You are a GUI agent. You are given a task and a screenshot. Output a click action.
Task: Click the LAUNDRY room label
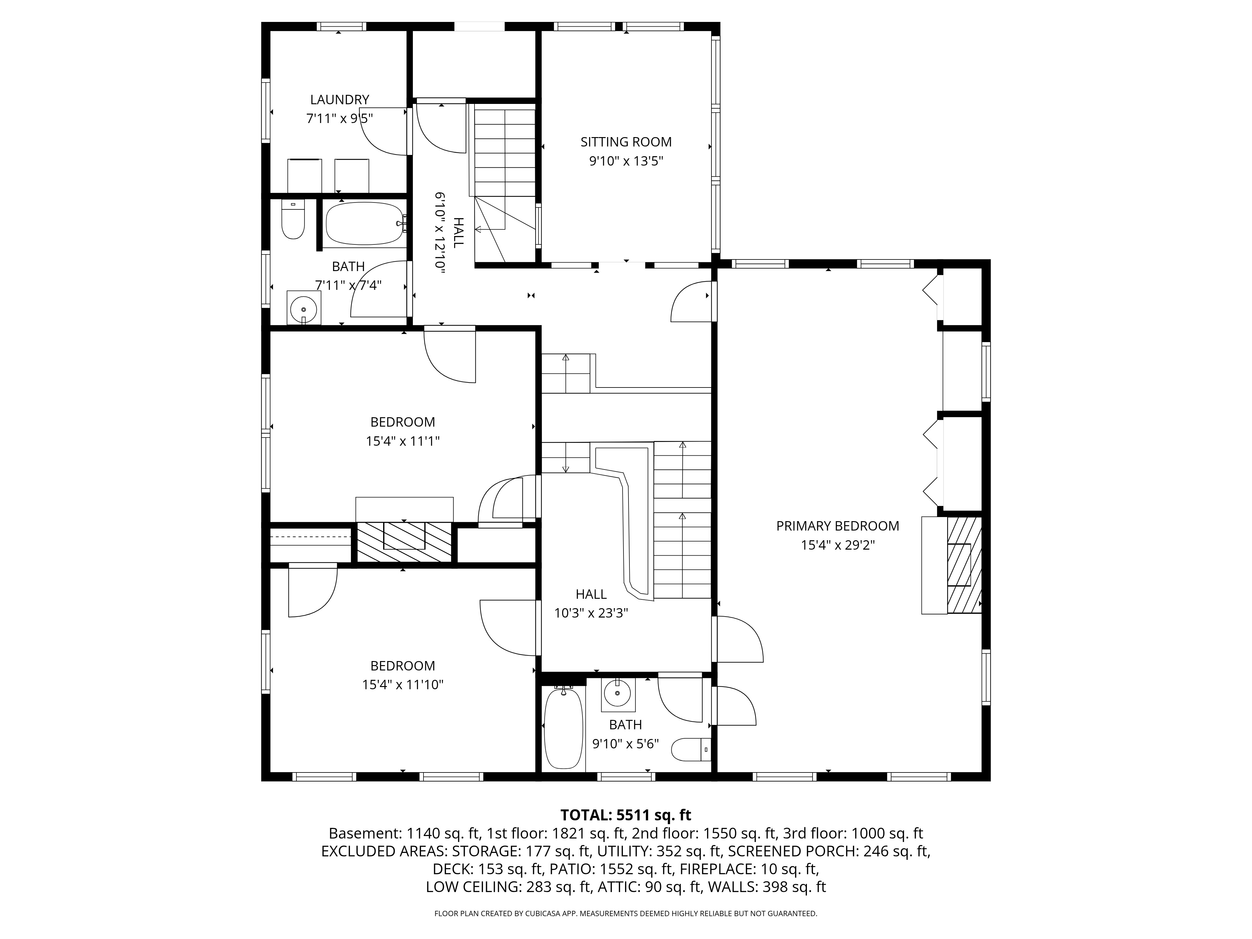coord(340,100)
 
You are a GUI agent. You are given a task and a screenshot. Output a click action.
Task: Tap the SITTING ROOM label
coord(626,142)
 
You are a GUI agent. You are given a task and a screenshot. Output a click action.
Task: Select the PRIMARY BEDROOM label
coord(838,526)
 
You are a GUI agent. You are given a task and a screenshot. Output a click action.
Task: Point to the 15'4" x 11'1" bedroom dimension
coord(403,441)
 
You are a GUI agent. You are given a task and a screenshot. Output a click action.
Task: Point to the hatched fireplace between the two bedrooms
coord(404,542)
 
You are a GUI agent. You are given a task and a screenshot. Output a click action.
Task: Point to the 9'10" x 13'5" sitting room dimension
coord(626,161)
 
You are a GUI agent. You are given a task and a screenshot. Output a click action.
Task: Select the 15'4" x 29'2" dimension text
coord(838,545)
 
